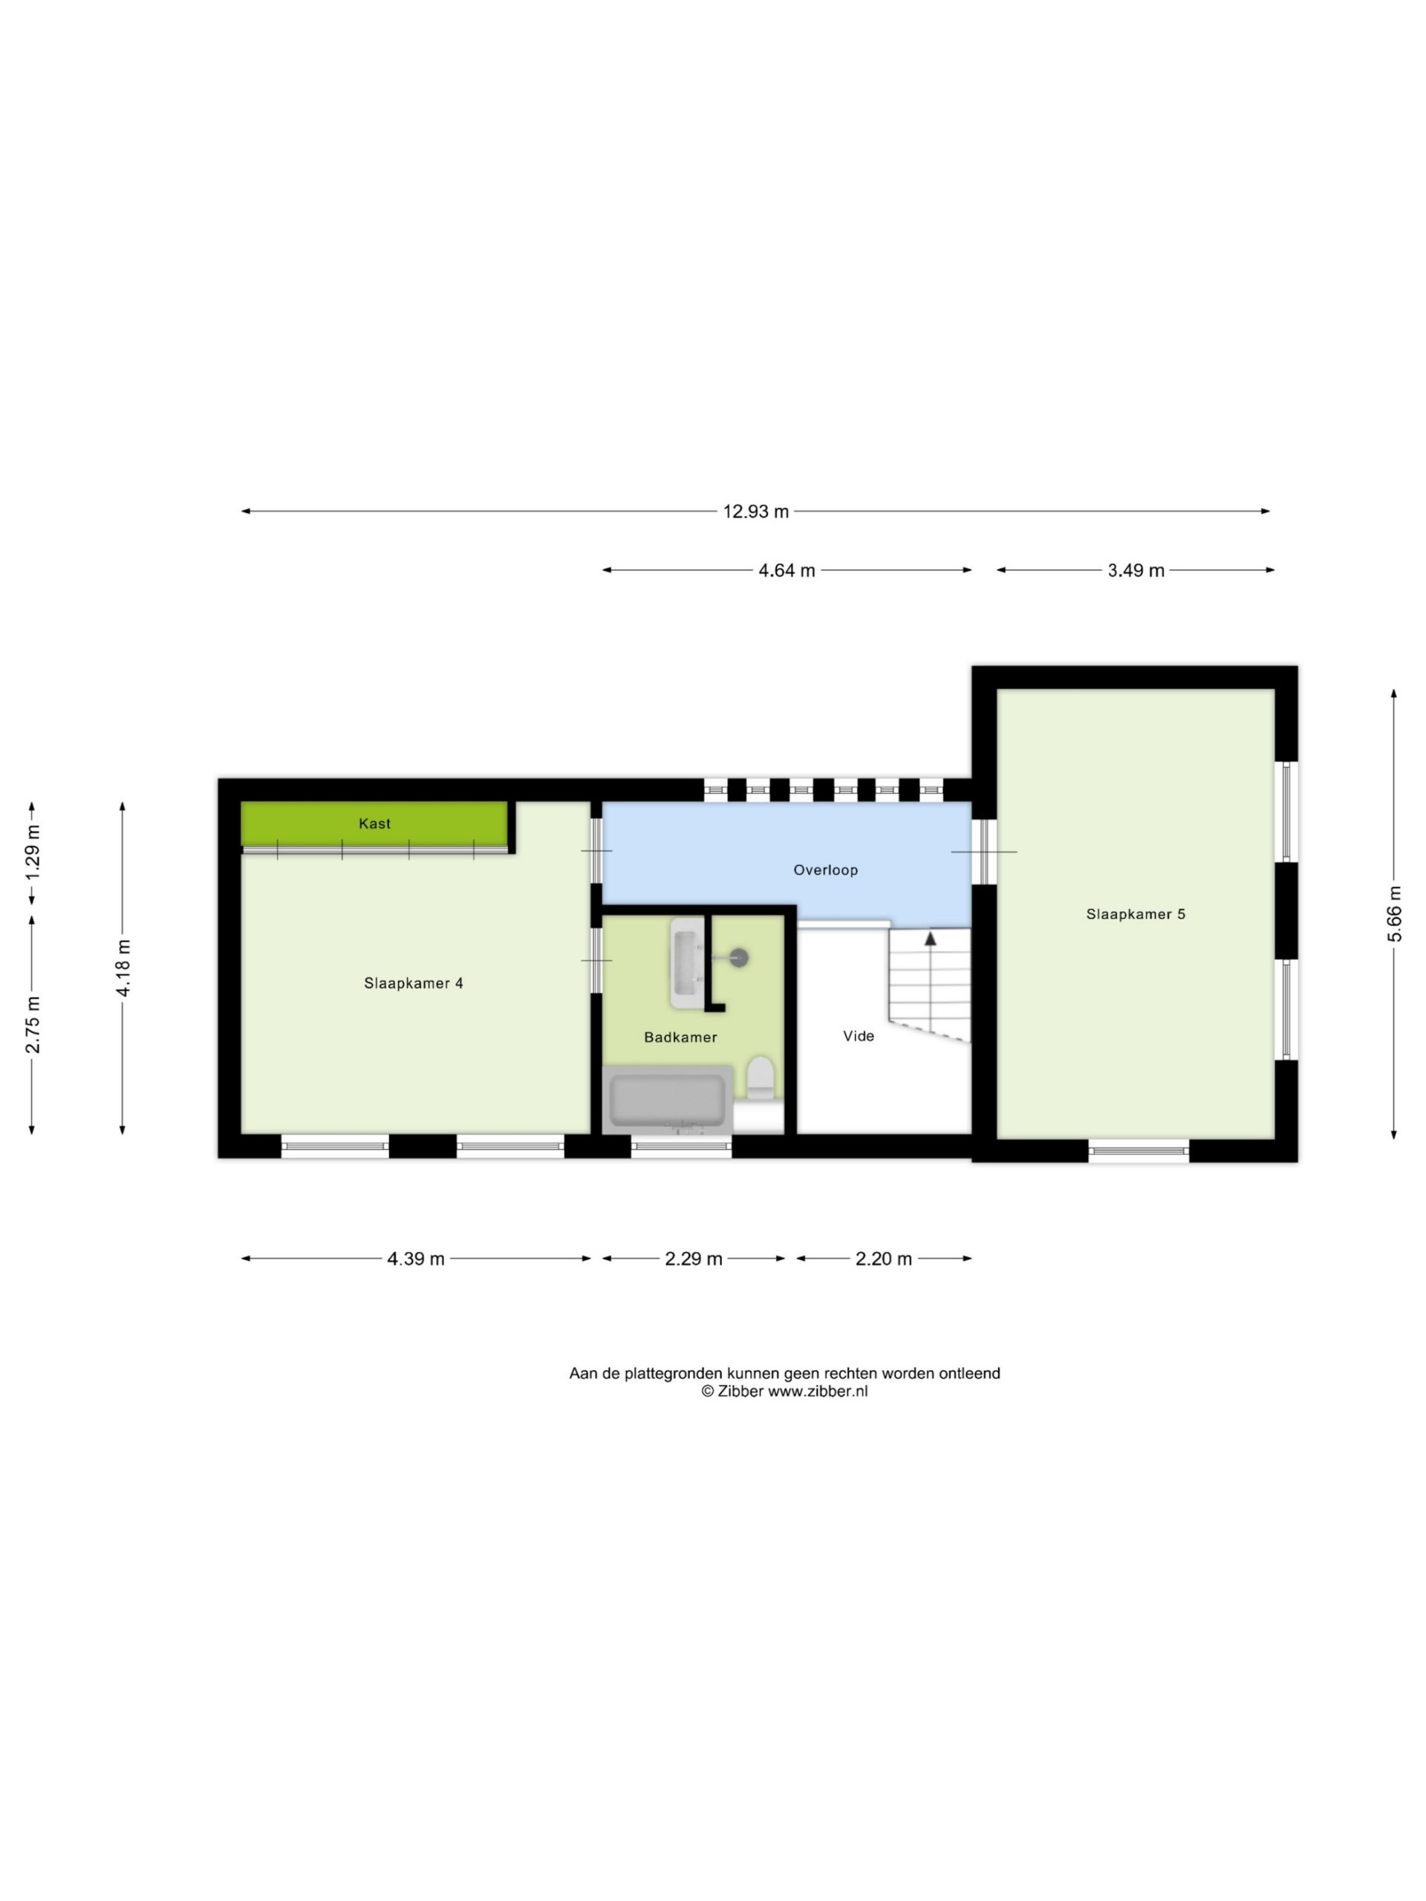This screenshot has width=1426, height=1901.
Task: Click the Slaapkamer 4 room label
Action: pyautogui.click(x=414, y=983)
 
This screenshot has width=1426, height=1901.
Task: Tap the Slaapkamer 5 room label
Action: pyautogui.click(x=1136, y=914)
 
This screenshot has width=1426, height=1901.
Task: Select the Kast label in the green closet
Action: pyautogui.click(x=375, y=824)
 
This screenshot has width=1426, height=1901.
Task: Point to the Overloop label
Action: pyautogui.click(x=825, y=870)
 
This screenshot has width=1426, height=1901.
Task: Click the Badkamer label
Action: pyautogui.click(x=681, y=1037)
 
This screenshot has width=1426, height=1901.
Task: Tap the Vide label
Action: pyautogui.click(x=859, y=1037)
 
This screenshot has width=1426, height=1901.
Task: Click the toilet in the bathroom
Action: pyautogui.click(x=761, y=1078)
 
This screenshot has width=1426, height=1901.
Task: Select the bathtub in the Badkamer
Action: pyautogui.click(x=668, y=1100)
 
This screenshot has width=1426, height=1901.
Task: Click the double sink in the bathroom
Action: pyautogui.click(x=688, y=962)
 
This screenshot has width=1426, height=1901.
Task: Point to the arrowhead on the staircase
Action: pyautogui.click(x=930, y=939)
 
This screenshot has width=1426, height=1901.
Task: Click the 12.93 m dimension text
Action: pyautogui.click(x=755, y=512)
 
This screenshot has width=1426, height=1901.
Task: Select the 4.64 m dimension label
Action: pyautogui.click(x=787, y=570)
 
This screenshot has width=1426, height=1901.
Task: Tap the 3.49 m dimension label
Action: pyautogui.click(x=1136, y=570)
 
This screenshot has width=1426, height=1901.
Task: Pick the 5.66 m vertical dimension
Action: pyautogui.click(x=1394, y=914)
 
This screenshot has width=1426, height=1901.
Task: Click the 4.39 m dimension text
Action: pyautogui.click(x=416, y=1259)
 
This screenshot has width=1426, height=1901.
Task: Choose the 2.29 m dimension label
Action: pyautogui.click(x=694, y=1259)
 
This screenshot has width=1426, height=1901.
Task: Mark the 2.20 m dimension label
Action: pyautogui.click(x=884, y=1259)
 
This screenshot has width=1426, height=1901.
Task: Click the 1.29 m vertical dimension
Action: pyautogui.click(x=33, y=852)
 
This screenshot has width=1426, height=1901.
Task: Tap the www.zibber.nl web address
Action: pyautogui.click(x=818, y=1392)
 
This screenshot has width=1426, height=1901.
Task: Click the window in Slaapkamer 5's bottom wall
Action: pyautogui.click(x=1139, y=1151)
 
